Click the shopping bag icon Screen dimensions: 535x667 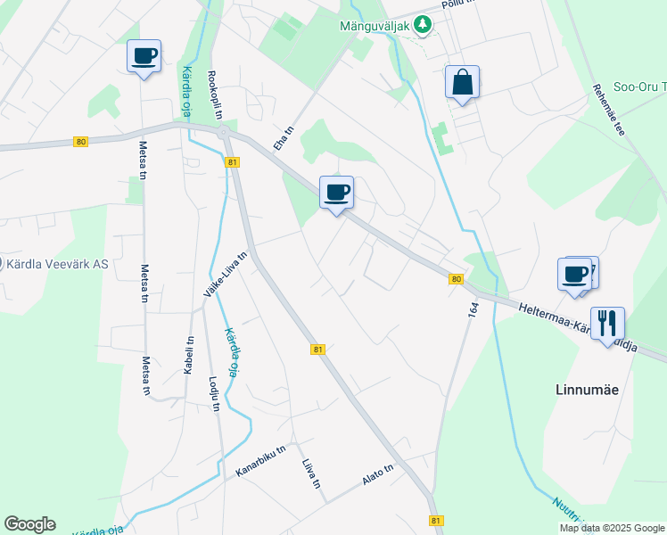tap(462, 83)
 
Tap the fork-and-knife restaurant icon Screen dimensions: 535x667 tap(607, 324)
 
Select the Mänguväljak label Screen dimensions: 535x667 tap(375, 25)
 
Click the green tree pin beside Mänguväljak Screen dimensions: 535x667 tap(424, 25)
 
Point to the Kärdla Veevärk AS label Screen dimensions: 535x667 tap(57, 264)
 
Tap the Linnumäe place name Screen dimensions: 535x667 tap(587, 390)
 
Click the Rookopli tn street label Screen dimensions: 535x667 tap(214, 95)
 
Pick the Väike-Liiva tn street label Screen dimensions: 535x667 tap(225, 274)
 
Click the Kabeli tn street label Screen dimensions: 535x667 tap(189, 354)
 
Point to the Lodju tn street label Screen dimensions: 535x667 tap(213, 393)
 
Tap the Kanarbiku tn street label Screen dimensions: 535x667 tap(259, 460)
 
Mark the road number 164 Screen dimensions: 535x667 tap(473, 309)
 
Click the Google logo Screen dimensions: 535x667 tap(29, 524)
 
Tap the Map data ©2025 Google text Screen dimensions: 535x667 tap(611, 528)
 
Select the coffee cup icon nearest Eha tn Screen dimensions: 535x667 tap(337, 193)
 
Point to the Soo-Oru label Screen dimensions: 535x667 tap(641, 86)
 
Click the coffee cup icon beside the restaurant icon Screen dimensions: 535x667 tap(575, 274)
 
